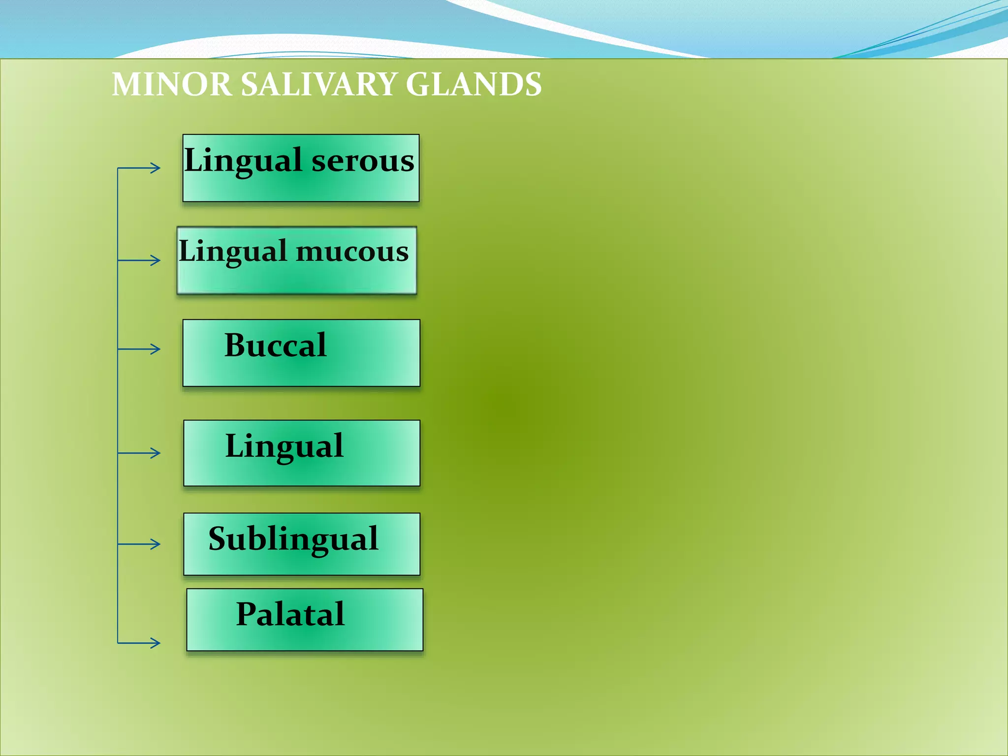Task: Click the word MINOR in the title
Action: (171, 85)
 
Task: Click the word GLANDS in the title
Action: (473, 85)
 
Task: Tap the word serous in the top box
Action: (363, 161)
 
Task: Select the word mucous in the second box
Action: (352, 252)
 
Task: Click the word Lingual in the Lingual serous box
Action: (243, 161)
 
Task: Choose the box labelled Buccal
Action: (301, 353)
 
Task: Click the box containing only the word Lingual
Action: (301, 453)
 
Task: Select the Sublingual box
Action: (301, 544)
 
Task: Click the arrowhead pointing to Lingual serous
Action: (156, 168)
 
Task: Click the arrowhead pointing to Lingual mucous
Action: (156, 260)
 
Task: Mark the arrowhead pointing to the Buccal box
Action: (156, 349)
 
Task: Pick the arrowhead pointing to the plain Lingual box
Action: (156, 453)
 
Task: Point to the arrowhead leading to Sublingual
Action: (156, 544)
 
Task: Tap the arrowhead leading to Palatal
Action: (156, 642)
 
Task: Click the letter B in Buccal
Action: (236, 345)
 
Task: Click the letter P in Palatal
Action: (247, 614)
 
